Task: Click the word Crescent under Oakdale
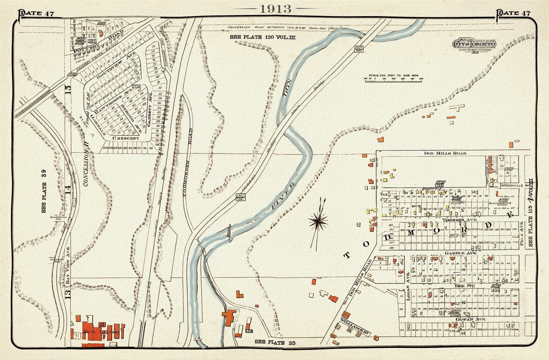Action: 126,138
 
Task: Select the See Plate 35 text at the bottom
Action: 274,342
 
